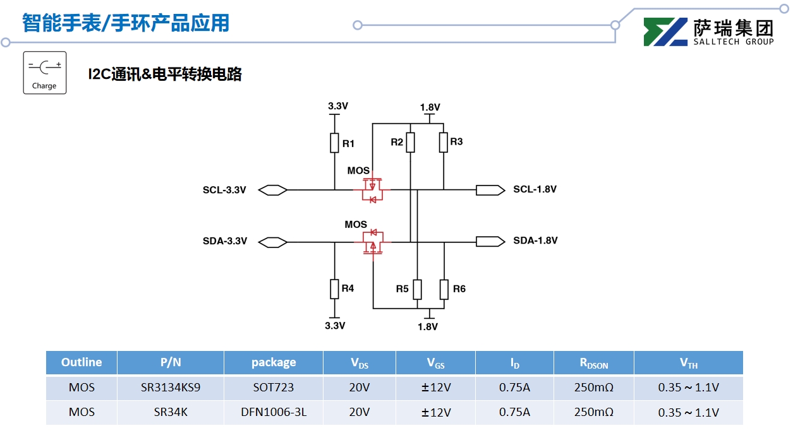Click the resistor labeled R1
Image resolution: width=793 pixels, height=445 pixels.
pos(334,143)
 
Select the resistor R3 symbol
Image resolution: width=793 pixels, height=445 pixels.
pos(444,143)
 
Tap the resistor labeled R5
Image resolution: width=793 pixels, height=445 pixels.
pos(417,288)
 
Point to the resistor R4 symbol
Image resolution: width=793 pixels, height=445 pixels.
pos(334,289)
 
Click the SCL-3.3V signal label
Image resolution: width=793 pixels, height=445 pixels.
pos(224,190)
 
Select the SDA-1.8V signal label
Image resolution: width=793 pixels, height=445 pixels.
pos(535,240)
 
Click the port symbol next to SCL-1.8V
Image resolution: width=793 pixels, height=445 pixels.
pos(490,189)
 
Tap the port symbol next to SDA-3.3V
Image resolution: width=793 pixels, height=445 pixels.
pos(274,242)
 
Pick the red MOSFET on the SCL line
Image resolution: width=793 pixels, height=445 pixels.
pos(373,189)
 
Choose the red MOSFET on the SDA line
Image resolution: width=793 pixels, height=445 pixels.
pos(373,242)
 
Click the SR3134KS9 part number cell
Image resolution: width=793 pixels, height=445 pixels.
pos(171,388)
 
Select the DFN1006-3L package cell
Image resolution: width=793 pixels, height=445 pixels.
pos(274,412)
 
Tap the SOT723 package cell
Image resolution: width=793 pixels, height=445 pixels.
pos(274,388)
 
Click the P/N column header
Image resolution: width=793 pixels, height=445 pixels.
pos(171,362)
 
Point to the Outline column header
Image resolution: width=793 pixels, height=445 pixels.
pos(82,362)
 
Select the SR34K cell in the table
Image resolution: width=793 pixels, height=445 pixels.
pos(171,412)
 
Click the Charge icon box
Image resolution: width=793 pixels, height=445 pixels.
pos(45,73)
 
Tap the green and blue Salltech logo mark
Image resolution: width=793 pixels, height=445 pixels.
pos(665,32)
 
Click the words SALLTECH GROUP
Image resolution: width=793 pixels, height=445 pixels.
pos(733,42)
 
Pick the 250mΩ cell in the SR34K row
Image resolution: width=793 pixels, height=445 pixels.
pos(593,412)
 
